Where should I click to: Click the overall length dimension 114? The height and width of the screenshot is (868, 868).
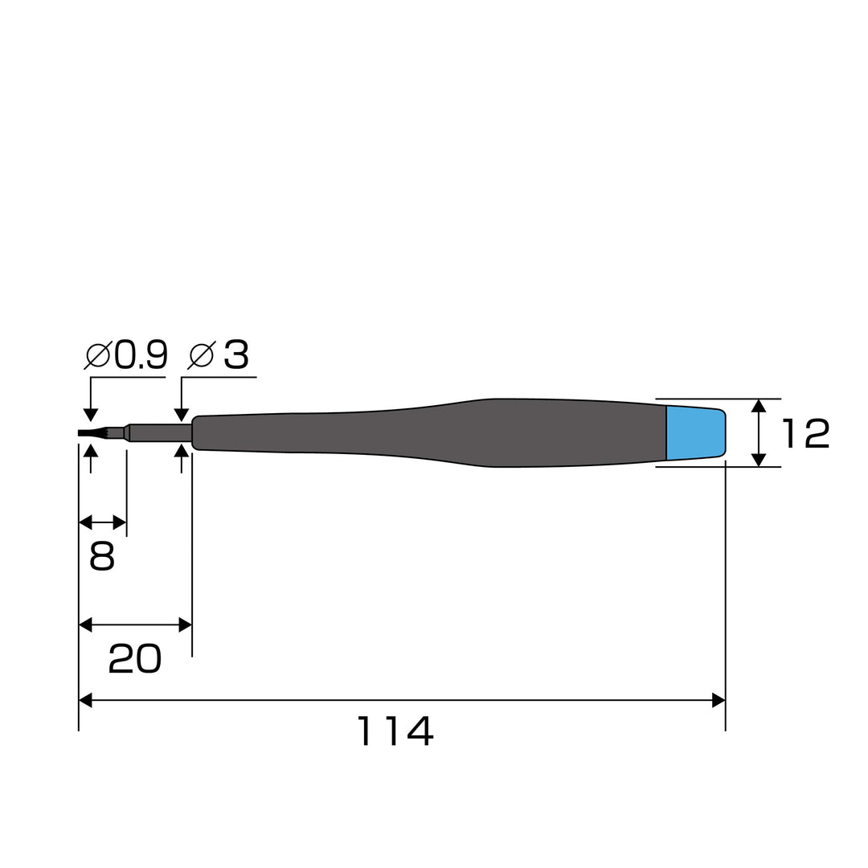pos(395,731)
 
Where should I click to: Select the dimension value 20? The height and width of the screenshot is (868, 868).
pos(134,659)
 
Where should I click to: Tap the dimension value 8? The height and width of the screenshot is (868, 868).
pos(102,556)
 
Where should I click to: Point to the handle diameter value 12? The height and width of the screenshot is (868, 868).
pos(805,433)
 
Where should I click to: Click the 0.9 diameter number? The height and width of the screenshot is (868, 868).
pos(141,355)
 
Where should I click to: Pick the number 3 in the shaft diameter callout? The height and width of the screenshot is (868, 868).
pos(236,355)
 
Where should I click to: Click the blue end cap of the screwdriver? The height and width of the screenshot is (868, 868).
pos(696,433)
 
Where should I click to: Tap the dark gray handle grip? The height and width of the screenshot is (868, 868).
pos(429,433)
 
